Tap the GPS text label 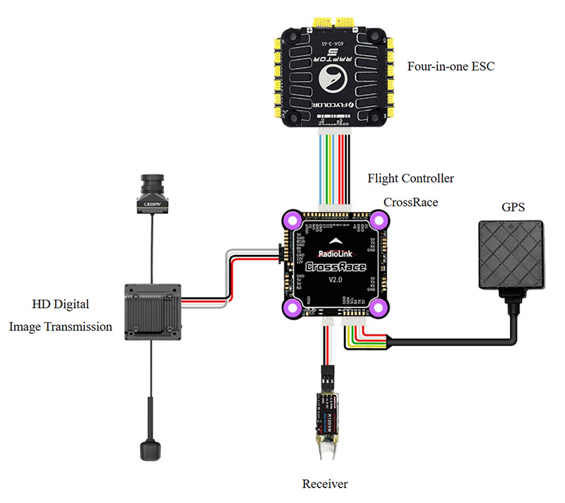pos(513,208)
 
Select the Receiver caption pos(325,484)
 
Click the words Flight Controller pos(410,178)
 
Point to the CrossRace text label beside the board pos(410,202)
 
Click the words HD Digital pos(60,304)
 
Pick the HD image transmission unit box pos(153,308)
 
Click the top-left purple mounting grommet pos(291,220)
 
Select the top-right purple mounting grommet pos(379,220)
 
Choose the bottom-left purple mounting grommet pos(291,307)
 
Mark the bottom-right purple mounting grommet pos(379,307)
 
